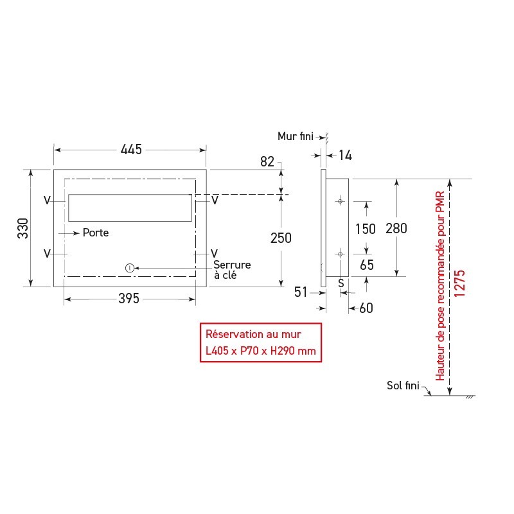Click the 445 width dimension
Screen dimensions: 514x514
click(x=131, y=150)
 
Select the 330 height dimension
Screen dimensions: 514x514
click(x=23, y=228)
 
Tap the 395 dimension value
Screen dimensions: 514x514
click(x=129, y=299)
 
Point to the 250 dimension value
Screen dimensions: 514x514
click(x=281, y=238)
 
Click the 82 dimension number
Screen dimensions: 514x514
click(x=267, y=162)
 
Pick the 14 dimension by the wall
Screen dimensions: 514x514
click(x=345, y=155)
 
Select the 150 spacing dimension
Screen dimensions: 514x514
click(x=366, y=229)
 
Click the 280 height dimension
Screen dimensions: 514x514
click(x=396, y=229)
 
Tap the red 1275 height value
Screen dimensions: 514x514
click(x=459, y=283)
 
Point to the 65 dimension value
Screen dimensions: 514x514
click(x=367, y=265)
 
